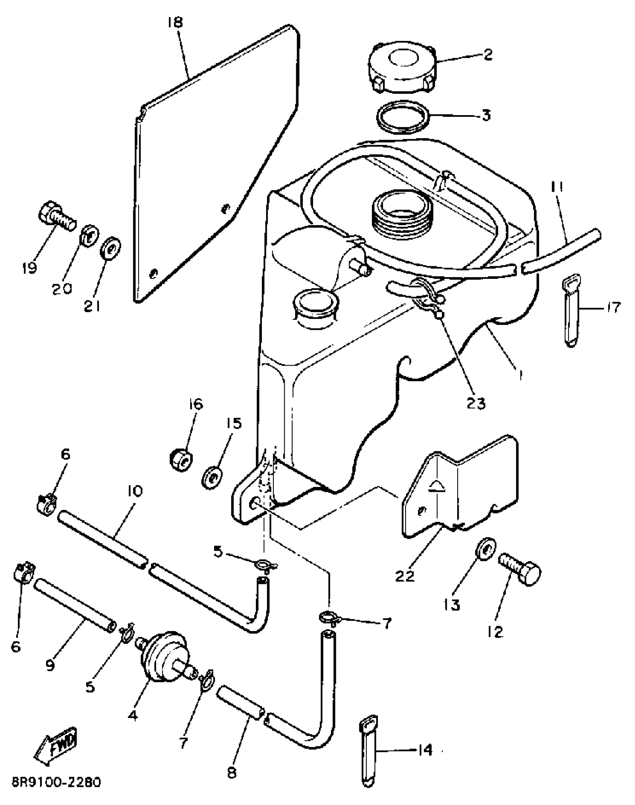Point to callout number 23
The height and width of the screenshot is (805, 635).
click(476, 404)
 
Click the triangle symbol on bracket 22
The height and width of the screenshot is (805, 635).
click(436, 487)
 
